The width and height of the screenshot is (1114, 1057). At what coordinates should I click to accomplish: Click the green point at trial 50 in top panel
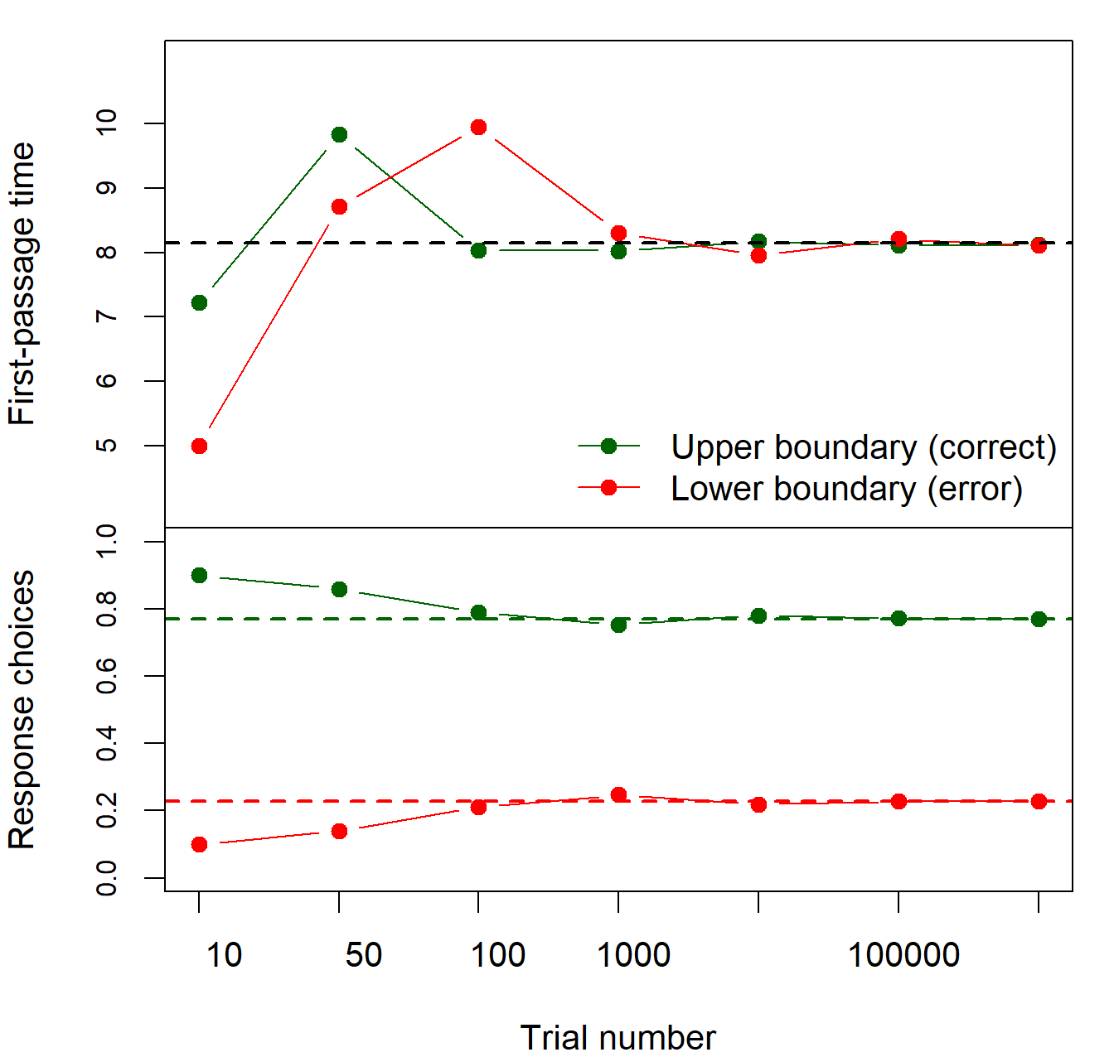tap(339, 134)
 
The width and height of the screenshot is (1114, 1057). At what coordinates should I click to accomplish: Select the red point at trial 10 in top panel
tap(199, 446)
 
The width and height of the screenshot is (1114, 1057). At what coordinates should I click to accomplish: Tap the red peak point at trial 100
tap(478, 127)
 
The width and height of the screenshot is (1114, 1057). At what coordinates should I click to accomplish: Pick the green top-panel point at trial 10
tap(199, 302)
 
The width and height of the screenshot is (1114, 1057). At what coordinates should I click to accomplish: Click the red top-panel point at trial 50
tap(339, 206)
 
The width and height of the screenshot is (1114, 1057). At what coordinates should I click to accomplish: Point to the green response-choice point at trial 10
tap(199, 575)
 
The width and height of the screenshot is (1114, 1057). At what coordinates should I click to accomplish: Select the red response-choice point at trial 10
tap(199, 844)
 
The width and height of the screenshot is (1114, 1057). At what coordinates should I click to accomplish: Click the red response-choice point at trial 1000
tap(618, 794)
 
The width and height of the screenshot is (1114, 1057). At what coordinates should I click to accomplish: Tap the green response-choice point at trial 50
tap(339, 589)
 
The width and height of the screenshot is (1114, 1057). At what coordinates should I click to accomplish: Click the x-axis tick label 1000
tap(633, 955)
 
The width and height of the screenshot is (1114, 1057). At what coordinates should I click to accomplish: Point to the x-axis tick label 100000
tap(903, 955)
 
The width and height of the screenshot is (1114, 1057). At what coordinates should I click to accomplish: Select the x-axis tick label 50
tap(363, 955)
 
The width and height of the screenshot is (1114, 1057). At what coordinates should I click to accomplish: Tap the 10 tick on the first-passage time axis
tap(107, 123)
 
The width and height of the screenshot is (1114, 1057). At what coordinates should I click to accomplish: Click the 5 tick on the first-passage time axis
tap(107, 446)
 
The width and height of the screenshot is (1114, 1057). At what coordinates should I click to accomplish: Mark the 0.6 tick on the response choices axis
tap(107, 676)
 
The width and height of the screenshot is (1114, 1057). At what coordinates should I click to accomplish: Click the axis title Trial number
tap(618, 1037)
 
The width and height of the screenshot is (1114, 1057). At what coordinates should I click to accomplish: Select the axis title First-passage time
tap(22, 283)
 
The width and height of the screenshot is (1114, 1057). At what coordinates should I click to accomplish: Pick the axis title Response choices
tap(22, 709)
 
